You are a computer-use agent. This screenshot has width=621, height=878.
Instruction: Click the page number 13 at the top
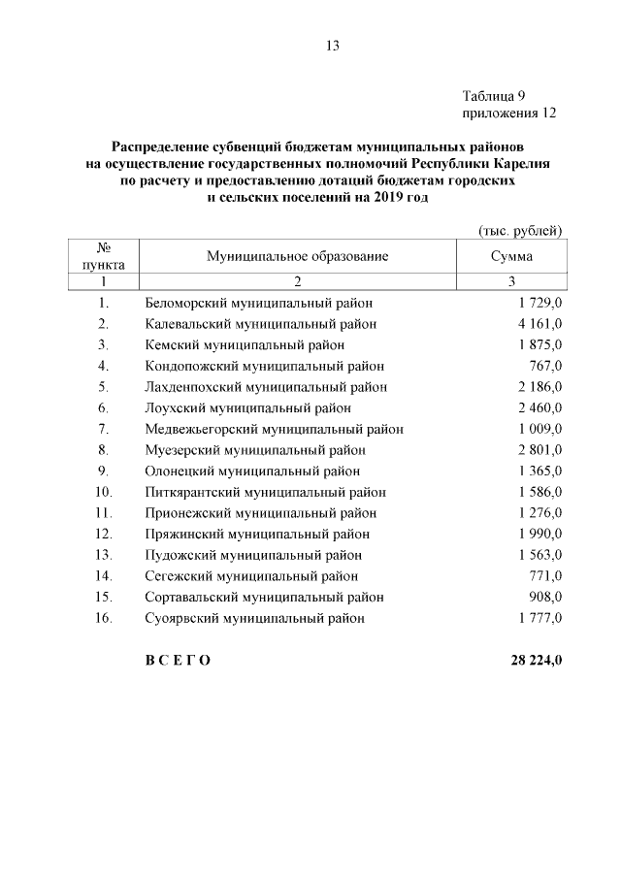pyautogui.click(x=334, y=46)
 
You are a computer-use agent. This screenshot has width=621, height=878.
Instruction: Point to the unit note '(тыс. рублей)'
pyautogui.click(x=521, y=230)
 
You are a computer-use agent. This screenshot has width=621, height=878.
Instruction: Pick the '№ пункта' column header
pyautogui.click(x=104, y=256)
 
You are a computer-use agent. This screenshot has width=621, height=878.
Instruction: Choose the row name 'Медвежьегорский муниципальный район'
pyautogui.click(x=274, y=429)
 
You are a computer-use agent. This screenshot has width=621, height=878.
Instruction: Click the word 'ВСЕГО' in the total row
pyautogui.click(x=178, y=661)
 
